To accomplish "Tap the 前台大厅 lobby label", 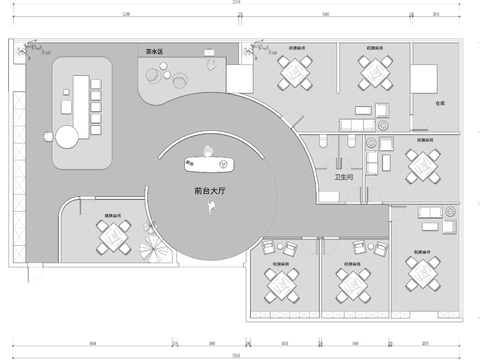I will tap(211, 188).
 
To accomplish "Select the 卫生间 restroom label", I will tap(343, 177).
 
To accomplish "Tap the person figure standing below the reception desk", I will tap(211, 205).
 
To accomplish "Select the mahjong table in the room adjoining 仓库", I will tap(376, 71).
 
